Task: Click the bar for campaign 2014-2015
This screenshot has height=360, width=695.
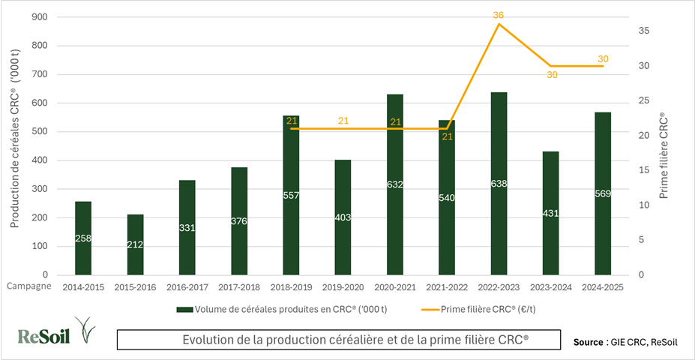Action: pos(83,238)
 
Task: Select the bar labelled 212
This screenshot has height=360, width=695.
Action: pos(135,244)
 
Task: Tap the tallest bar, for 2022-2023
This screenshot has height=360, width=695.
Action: pos(499,183)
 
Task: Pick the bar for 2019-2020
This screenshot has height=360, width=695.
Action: pos(343,217)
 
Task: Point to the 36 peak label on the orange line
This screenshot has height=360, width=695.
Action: pos(498,15)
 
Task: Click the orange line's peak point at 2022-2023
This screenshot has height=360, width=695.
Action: pos(499,24)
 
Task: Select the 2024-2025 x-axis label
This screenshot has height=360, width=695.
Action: pos(603,287)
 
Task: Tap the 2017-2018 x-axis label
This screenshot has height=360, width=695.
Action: pos(239,287)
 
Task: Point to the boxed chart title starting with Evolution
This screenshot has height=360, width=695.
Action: pos(339,340)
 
